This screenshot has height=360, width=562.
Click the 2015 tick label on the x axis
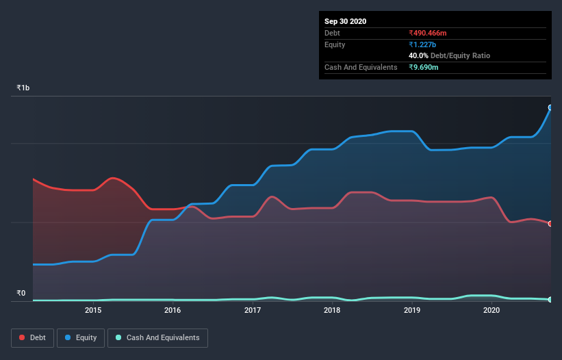click(93, 310)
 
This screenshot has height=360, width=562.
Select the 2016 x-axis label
click(173, 310)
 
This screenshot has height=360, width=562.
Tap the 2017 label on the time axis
click(253, 310)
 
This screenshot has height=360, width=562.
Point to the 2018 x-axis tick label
click(332, 310)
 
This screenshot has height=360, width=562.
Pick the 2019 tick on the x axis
click(412, 310)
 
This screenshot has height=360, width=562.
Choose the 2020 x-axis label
click(491, 310)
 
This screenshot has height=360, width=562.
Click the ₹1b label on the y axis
click(23, 88)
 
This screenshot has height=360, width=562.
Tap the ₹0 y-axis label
click(21, 294)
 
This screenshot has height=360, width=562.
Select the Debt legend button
click(31, 337)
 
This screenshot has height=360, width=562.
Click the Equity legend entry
click(81, 337)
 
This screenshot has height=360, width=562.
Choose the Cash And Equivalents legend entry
click(157, 337)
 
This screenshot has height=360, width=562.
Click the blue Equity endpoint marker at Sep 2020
click(550, 107)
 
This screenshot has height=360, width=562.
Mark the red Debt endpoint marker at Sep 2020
click(550, 224)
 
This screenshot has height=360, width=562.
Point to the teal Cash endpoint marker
click(550, 300)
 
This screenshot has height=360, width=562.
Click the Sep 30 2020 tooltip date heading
click(345, 21)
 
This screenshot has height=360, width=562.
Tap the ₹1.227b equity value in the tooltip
click(422, 44)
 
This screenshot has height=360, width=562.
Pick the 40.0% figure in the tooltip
click(418, 55)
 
